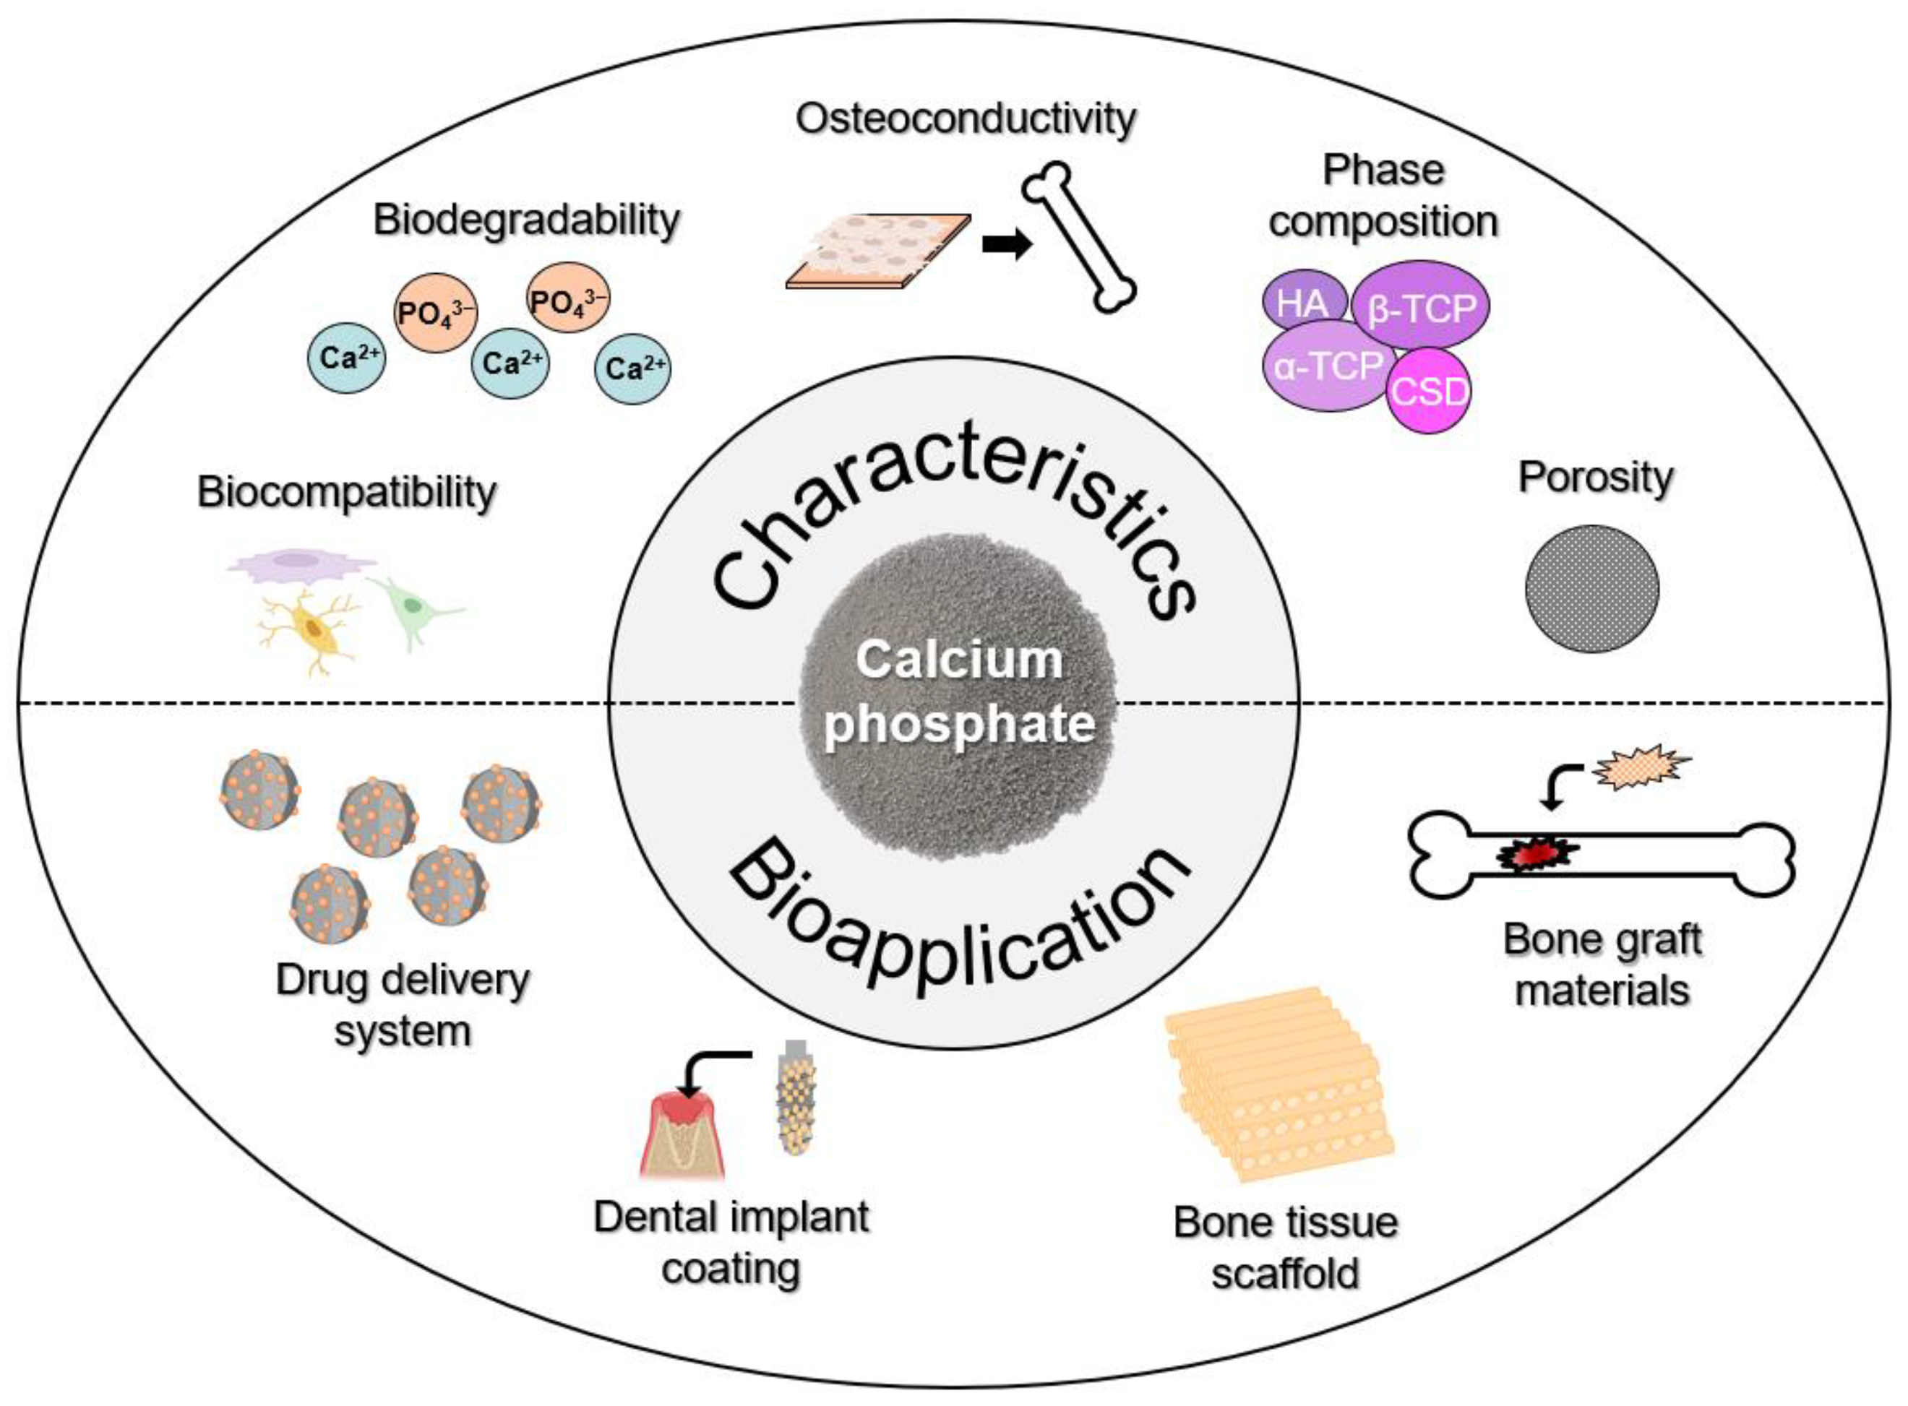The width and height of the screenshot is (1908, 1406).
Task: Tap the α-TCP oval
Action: point(1326,367)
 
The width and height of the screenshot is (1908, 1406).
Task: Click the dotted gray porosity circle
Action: point(1591,588)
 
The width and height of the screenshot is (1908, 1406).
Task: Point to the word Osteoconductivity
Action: point(965,118)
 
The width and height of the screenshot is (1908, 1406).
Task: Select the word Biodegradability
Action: point(526,220)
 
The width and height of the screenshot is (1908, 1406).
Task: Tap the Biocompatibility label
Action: point(345,492)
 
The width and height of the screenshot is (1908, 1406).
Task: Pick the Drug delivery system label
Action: point(402,1005)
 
